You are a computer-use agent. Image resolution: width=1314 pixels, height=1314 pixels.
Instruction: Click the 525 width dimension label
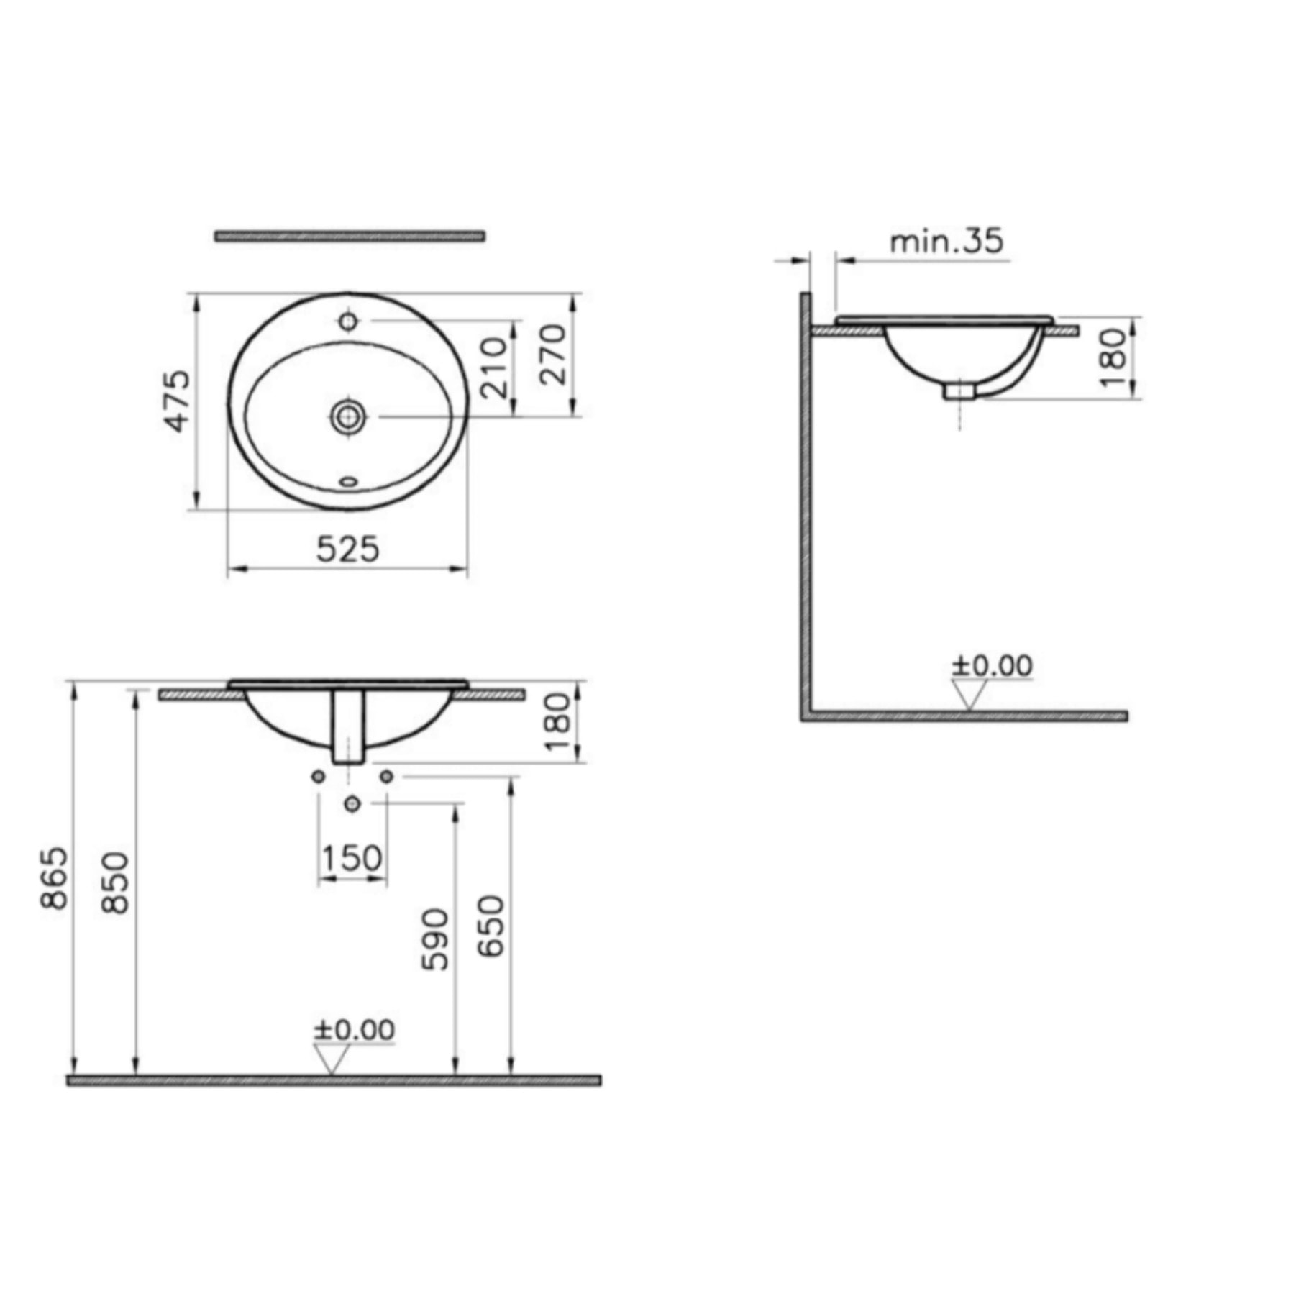[347, 550]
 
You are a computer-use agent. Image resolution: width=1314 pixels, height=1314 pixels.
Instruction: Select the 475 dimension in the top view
[178, 401]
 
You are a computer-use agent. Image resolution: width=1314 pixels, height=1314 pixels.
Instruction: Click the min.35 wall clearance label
[946, 241]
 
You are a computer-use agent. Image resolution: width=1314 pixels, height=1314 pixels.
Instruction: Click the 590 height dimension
[435, 940]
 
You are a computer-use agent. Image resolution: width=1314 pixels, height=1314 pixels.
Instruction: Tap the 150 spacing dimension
[352, 859]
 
